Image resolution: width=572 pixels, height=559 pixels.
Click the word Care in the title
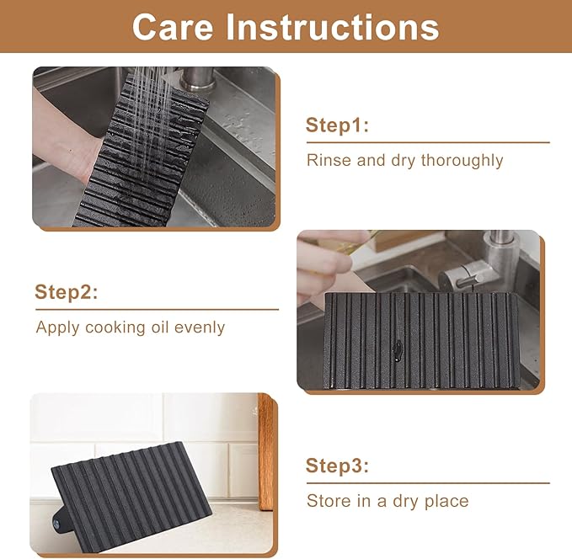173,27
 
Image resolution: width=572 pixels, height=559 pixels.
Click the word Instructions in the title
333,27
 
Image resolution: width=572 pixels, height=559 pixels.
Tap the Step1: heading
337,125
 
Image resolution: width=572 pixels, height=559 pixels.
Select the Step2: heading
67,292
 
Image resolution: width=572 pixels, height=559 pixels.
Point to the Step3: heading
337,466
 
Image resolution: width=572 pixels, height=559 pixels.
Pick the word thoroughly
462,161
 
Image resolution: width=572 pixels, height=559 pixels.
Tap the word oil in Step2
160,327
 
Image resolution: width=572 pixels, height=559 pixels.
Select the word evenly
199,327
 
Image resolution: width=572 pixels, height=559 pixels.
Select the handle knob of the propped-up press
59,521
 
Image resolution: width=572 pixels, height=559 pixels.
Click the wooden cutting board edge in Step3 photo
265,452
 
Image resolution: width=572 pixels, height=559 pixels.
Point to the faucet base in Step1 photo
197,81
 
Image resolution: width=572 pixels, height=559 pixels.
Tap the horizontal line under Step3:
428,483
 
